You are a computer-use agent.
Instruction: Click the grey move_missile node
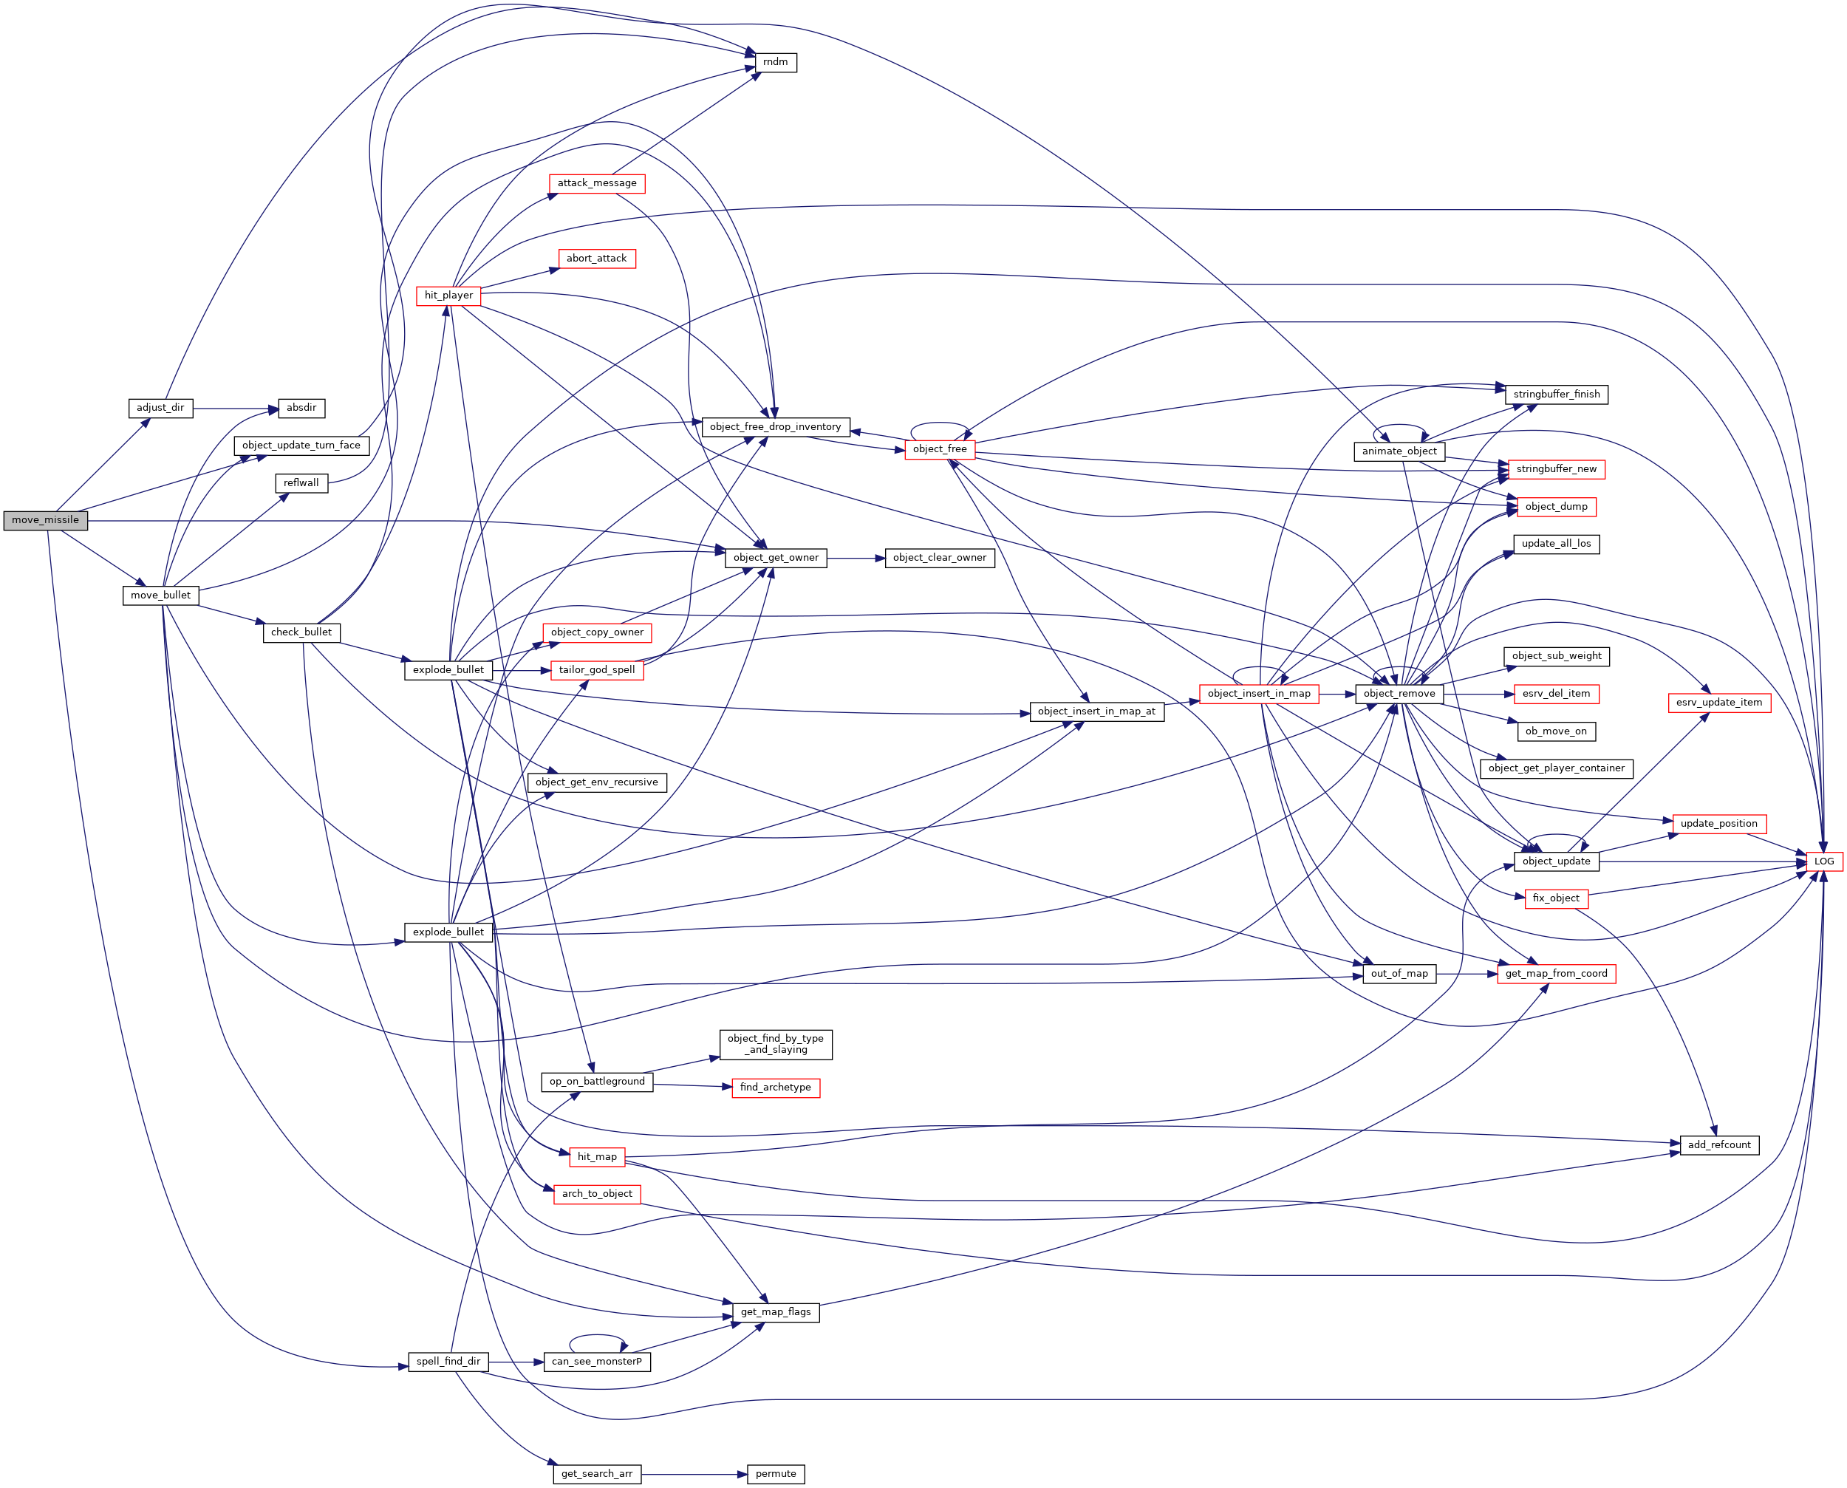[x=45, y=520]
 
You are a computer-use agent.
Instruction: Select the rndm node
[x=775, y=63]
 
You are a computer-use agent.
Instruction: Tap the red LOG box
[x=1824, y=861]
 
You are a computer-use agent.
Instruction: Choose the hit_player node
[x=448, y=296]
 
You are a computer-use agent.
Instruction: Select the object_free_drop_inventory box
[x=775, y=427]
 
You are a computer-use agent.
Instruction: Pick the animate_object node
[x=1399, y=451]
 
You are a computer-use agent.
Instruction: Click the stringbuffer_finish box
[x=1556, y=395]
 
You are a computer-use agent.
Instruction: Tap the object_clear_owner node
[x=939, y=558]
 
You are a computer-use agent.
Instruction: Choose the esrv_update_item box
[x=1718, y=703]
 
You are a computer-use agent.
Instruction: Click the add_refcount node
[x=1718, y=1145]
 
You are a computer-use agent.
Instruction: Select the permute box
[x=776, y=1474]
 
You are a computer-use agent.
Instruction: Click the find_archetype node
[x=775, y=1088]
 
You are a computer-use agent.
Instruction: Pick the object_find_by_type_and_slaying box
[x=775, y=1044]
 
